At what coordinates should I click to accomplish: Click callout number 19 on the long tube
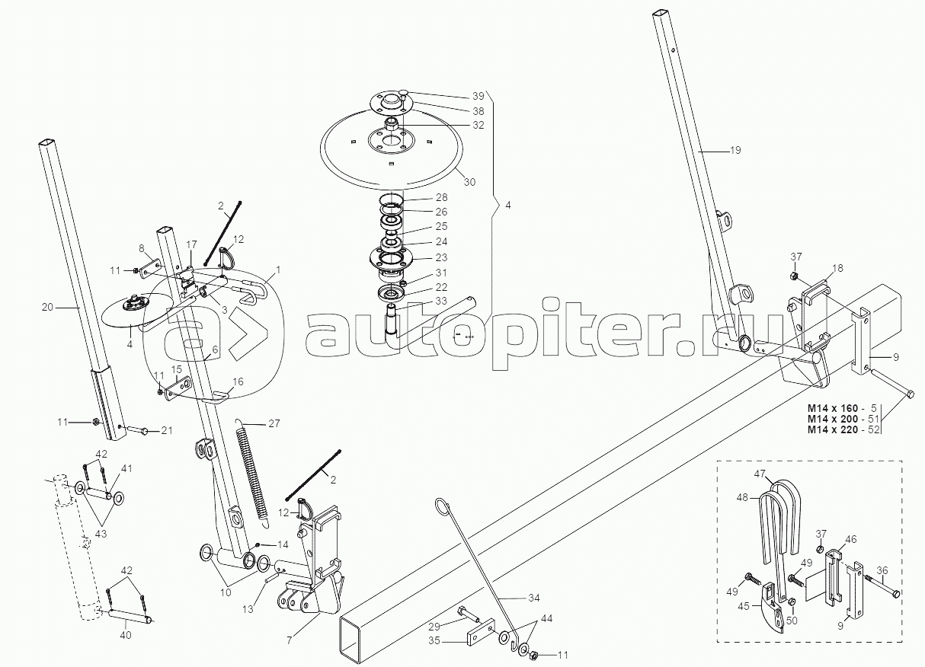pyautogui.click(x=734, y=150)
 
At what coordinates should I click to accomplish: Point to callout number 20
pyautogui.click(x=47, y=308)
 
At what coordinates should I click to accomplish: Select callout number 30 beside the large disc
pyautogui.click(x=469, y=182)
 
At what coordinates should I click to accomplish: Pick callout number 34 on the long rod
pyautogui.click(x=533, y=597)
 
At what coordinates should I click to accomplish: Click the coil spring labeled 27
pyautogui.click(x=254, y=472)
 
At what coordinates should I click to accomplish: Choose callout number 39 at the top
pyautogui.click(x=478, y=96)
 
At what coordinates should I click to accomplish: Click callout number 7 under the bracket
pyautogui.click(x=290, y=640)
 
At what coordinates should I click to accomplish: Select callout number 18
pyautogui.click(x=837, y=268)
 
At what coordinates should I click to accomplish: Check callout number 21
pyautogui.click(x=167, y=431)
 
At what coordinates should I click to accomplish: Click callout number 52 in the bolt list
pyautogui.click(x=873, y=430)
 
